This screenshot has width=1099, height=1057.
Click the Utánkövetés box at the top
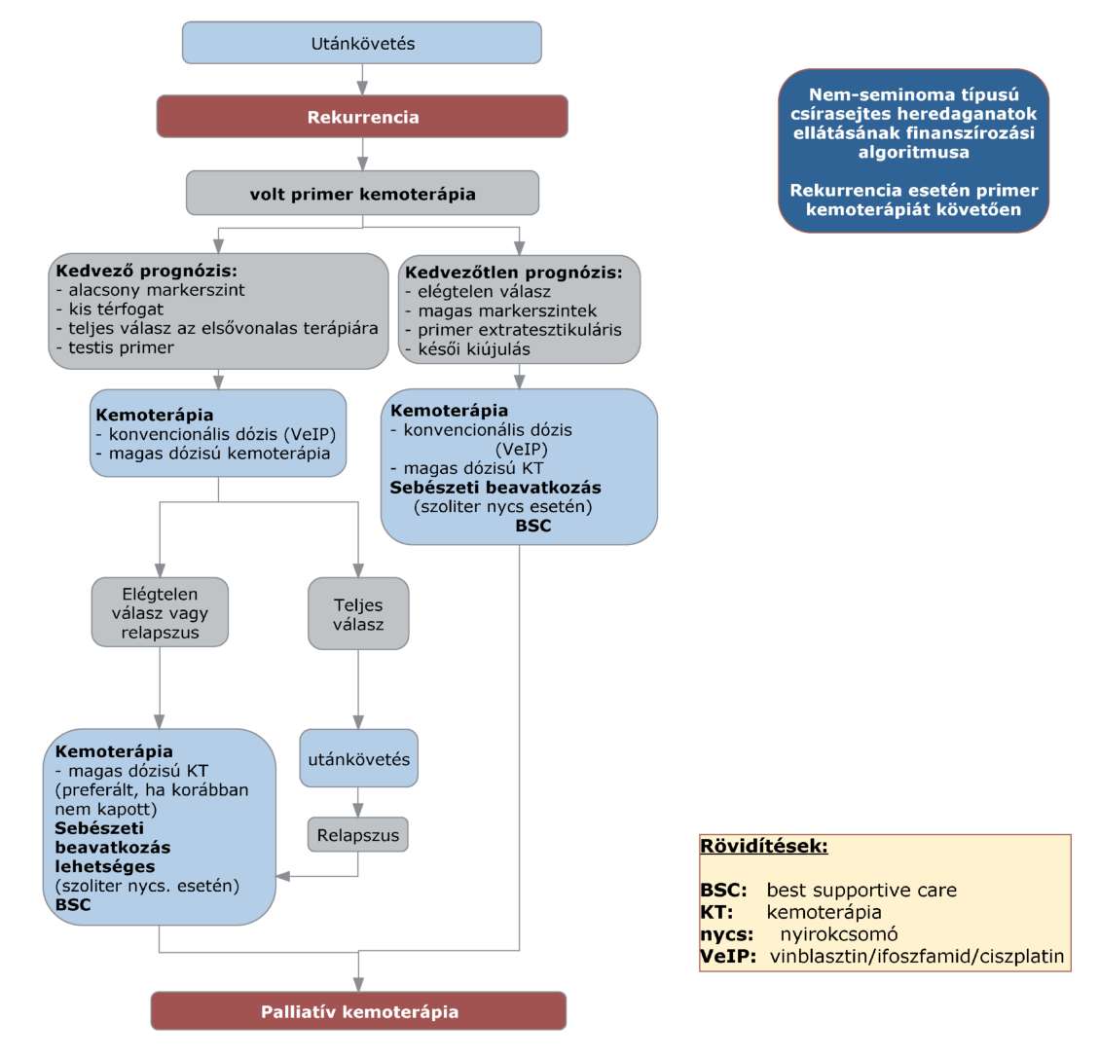point(362,43)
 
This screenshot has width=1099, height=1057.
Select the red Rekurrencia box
point(362,117)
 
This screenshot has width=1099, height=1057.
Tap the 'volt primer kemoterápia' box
point(362,193)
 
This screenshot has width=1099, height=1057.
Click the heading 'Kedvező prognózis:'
point(146,271)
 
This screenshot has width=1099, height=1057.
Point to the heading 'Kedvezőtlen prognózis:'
point(513,272)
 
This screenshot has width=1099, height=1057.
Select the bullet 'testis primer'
point(115,347)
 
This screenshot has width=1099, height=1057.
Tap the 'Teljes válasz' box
point(358,613)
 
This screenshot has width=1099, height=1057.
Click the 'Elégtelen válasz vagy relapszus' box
point(160,612)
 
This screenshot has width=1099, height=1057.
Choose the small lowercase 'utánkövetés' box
point(359,758)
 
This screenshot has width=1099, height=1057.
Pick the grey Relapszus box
point(357,835)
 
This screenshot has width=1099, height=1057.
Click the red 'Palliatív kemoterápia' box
point(359,1010)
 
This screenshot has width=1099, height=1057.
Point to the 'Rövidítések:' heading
point(764,846)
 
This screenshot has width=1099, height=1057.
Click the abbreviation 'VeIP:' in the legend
point(728,956)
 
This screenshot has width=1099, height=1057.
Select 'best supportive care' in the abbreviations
point(861,891)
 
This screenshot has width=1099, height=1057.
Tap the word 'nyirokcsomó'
point(839,934)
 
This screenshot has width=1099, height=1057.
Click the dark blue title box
point(913,151)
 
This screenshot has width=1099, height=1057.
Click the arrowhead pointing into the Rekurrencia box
point(362,89)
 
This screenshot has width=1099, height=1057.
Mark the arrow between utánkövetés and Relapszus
point(358,802)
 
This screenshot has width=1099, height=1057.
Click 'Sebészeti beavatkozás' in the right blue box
point(495,488)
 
